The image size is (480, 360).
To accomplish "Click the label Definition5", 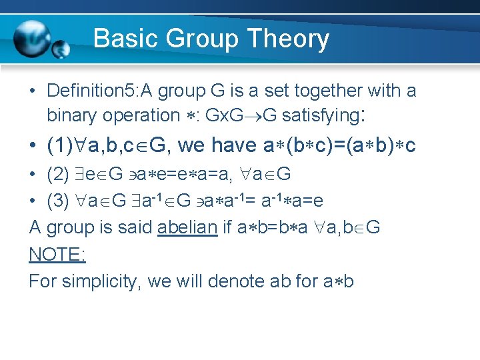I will click(90, 90).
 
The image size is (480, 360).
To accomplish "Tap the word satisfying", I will click(321, 115).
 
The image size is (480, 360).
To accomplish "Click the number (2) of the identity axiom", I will click(57, 174).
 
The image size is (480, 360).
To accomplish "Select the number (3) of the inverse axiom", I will click(57, 201).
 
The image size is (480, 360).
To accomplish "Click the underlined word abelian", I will click(187, 227).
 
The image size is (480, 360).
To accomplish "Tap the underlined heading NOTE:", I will click(57, 254).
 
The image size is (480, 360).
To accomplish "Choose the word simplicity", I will click(101, 281).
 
